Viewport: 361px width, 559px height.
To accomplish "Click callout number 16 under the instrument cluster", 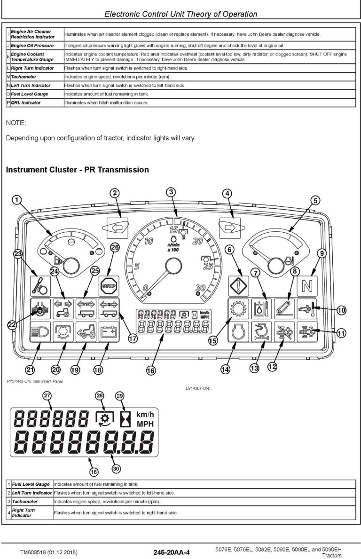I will point(150,370).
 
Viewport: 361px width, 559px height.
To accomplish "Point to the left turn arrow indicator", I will point(117,227).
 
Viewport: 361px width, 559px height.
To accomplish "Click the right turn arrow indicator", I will point(229,228).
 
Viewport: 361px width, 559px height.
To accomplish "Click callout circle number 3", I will point(172,192).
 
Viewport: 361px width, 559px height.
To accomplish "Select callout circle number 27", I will point(47,395).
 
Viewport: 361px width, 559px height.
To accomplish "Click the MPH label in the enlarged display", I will point(145,424).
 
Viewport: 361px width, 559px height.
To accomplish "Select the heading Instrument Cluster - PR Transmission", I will point(78,169).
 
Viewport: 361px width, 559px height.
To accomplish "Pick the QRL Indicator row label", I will point(26,102).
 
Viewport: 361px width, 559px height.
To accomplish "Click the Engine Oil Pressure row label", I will point(32,46).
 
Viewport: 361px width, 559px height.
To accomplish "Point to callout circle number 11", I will point(341,333).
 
